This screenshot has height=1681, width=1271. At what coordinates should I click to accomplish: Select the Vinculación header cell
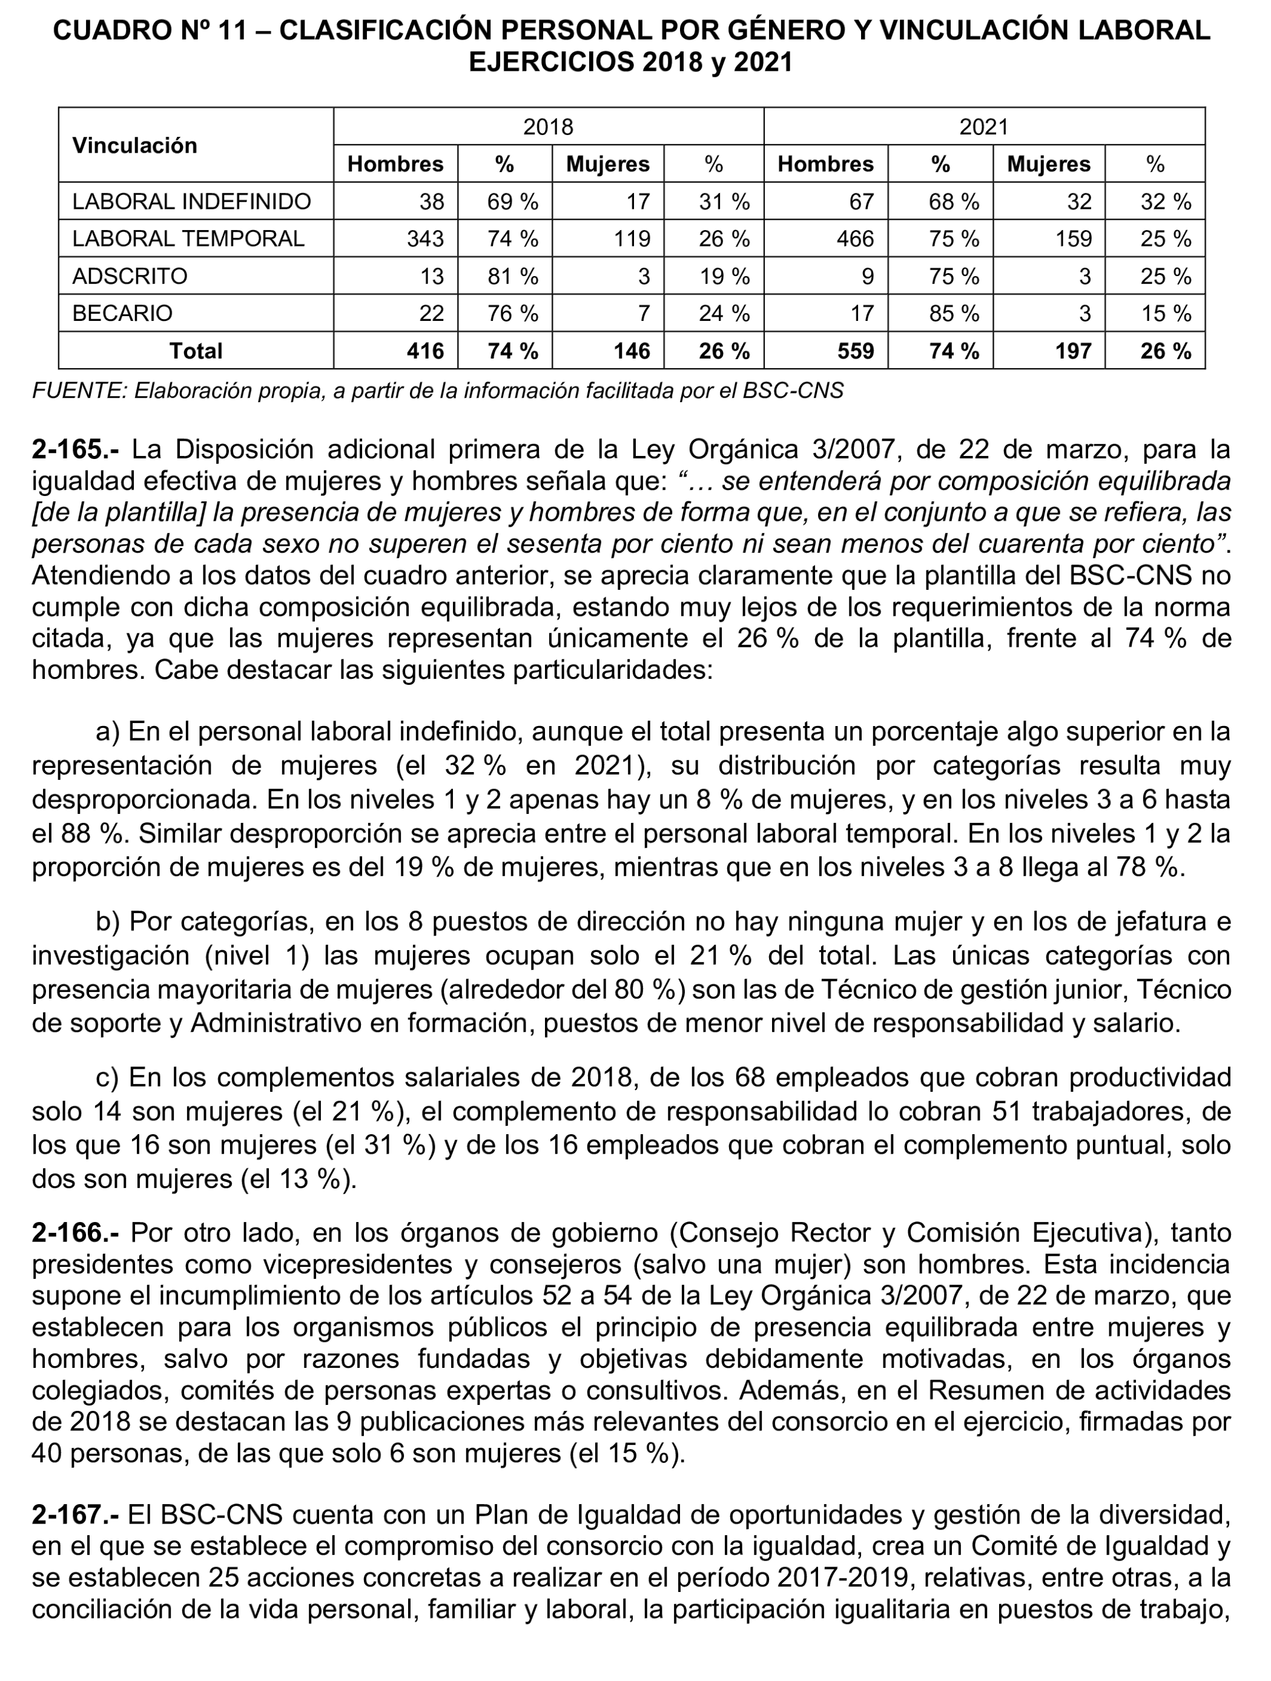coord(134,145)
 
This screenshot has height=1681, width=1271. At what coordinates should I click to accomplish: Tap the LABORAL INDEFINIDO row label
coord(191,202)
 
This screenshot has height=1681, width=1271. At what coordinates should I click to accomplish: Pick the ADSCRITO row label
coord(129,276)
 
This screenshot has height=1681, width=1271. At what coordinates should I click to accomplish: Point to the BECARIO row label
coord(122,313)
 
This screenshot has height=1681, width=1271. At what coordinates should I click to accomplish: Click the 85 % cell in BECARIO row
coord(954,313)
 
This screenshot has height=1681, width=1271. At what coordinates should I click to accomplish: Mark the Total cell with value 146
coord(632,351)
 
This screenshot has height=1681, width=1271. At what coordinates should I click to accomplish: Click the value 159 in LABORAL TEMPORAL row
coord(1073,239)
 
